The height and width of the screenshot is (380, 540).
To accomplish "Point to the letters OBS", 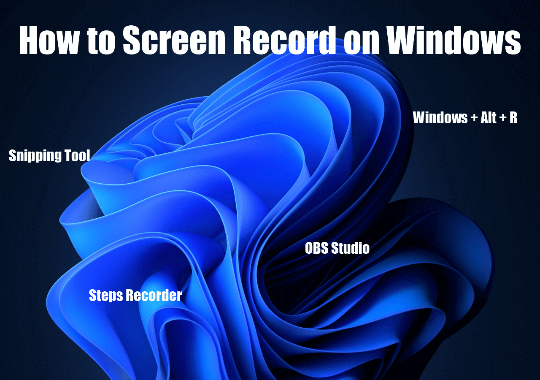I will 317,248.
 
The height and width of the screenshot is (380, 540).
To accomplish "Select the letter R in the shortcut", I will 513,118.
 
